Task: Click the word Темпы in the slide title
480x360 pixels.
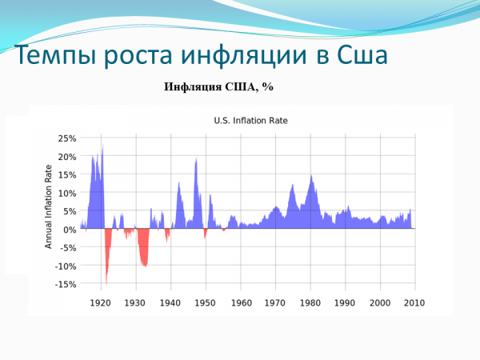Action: coord(50,57)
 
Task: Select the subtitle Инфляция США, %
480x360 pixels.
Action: coord(219,87)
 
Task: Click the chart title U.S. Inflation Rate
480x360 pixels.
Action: coord(250,121)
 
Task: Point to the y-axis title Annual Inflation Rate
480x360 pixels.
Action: coord(48,207)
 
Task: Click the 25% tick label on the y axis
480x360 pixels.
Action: coord(66,138)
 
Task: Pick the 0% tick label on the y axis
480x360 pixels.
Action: coord(70,230)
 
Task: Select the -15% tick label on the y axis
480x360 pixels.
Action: coord(65,285)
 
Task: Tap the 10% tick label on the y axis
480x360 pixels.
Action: coord(66,194)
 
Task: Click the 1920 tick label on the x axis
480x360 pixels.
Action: coord(100,303)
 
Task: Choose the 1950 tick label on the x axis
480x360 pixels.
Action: coord(206,303)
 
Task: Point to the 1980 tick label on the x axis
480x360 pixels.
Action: coord(310,303)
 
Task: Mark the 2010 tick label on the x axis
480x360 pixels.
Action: coord(414,303)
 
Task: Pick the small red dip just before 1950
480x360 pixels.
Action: coord(205,234)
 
